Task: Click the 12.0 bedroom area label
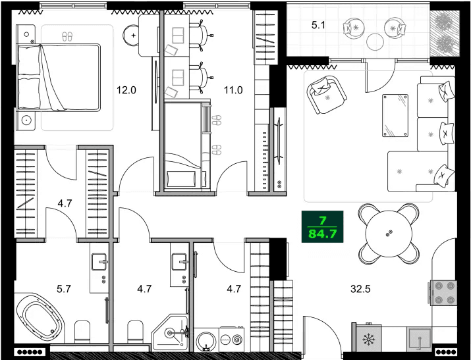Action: (126, 91)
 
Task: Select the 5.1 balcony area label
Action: (319, 27)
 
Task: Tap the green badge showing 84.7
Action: (323, 227)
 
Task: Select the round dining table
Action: (389, 233)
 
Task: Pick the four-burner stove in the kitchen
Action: (443, 294)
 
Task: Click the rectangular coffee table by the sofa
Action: (397, 115)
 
